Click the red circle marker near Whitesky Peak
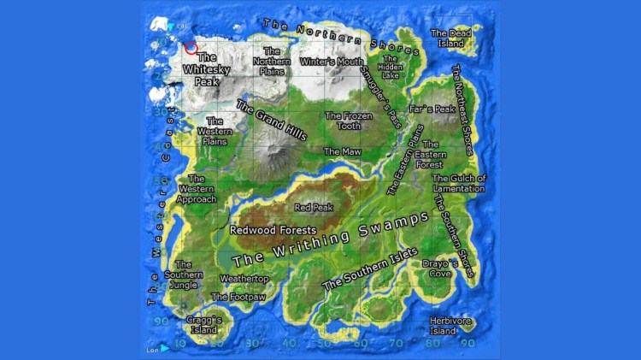[191, 49]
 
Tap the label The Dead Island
[450, 38]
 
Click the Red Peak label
[314, 207]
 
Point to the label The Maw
[342, 151]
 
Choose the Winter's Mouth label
[332, 62]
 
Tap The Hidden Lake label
[391, 68]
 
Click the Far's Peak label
[432, 109]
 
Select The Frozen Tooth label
[348, 121]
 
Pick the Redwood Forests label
[273, 230]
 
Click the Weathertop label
[244, 279]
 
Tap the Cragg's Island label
[203, 325]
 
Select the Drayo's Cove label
[437, 269]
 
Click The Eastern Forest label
[430, 155]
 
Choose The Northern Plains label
[273, 61]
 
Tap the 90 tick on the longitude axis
[468, 344]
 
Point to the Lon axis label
[153, 349]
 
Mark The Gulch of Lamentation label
[459, 183]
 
